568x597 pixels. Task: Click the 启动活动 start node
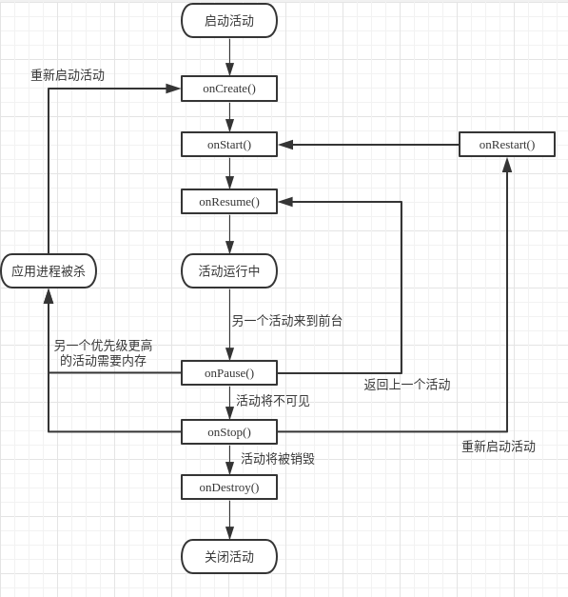pos(229,21)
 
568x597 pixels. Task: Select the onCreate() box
pos(229,89)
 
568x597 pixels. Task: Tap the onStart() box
pos(229,145)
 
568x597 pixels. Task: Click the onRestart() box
pos(506,145)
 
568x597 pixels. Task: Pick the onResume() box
pos(229,202)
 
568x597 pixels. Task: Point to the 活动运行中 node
pos(229,271)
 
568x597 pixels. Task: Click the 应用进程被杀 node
pos(49,271)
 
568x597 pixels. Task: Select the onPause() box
pos(229,373)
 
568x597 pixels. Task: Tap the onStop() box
pos(229,432)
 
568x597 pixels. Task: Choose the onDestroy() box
pos(229,488)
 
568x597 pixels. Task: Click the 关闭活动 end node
pos(229,557)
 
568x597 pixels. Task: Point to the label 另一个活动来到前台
pos(286,321)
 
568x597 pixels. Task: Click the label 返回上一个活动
pos(407,385)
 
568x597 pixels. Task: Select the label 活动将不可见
pos(273,401)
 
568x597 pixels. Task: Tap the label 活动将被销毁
pos(278,459)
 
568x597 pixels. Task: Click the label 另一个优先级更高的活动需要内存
pos(103,353)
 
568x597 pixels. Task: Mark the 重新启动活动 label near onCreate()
pos(68,75)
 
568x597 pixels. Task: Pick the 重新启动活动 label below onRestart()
pos(499,447)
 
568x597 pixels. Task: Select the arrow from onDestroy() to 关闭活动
pos(229,520)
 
